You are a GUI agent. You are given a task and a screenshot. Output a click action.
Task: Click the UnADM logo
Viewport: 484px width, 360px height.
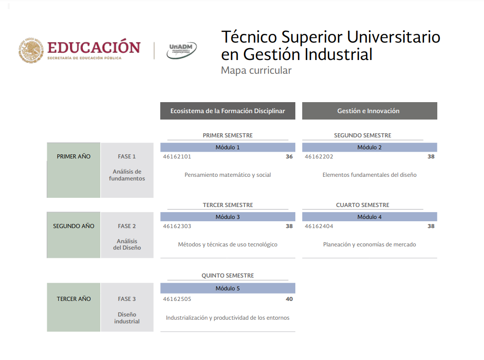coord(181,50)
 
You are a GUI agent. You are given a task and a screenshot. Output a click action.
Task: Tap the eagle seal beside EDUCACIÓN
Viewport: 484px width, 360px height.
coord(31,50)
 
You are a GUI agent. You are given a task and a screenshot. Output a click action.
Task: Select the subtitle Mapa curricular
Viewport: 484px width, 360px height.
coord(256,71)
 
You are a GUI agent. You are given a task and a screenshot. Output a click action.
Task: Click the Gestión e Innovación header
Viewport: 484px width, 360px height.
coord(370,111)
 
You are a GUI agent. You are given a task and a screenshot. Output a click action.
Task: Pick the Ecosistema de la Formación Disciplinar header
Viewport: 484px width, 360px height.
coord(228,111)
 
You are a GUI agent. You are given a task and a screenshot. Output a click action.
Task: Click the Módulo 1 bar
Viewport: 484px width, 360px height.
coord(228,147)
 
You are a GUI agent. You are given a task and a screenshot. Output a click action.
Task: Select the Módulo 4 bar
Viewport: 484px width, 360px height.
coord(370,217)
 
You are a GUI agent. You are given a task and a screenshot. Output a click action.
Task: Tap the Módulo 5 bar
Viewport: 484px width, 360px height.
coord(228,288)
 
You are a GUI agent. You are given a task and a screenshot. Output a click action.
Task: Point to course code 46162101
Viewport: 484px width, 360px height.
coord(177,157)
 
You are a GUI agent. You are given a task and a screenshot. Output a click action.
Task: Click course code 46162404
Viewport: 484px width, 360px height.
coord(319,226)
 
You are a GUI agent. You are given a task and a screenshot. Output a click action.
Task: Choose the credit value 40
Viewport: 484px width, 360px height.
coord(289,299)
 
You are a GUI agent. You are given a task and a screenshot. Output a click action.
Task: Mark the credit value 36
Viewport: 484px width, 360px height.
coord(289,157)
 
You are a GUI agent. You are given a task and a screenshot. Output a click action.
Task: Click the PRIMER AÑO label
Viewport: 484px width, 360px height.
coord(73,157)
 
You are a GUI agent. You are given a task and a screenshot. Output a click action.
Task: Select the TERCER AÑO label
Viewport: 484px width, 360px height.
coord(74,299)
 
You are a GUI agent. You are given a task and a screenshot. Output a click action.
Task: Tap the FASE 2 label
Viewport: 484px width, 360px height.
coord(127,226)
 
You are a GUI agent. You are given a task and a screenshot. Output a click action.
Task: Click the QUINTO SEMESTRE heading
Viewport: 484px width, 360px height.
coord(228,275)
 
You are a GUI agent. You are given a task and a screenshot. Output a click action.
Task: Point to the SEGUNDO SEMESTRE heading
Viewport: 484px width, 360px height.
coord(363,135)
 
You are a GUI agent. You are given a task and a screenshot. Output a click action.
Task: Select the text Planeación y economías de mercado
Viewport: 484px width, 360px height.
coord(370,245)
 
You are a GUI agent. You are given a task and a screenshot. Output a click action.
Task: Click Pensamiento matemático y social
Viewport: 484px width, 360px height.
coord(228,175)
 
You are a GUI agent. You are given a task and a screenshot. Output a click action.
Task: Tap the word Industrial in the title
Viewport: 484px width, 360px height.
coord(338,55)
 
